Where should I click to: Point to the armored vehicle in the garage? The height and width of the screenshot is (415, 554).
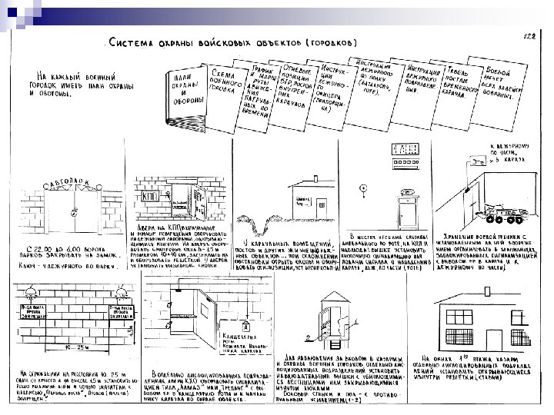503,207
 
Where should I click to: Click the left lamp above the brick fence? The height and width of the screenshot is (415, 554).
32,294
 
